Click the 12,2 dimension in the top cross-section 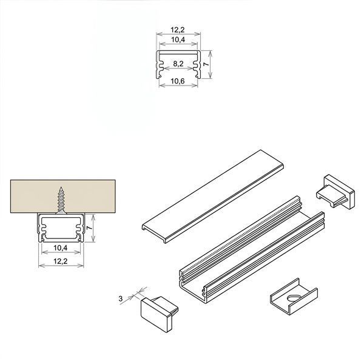(178, 30)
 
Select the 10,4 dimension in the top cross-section (178, 39)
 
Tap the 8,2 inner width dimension (178, 64)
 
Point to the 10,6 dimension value (178, 81)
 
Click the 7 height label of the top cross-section (206, 64)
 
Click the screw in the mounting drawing (61, 200)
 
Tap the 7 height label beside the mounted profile (89, 228)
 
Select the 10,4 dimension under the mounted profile (60, 248)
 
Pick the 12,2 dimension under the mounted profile (60, 261)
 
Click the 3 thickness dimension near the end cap (121, 298)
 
